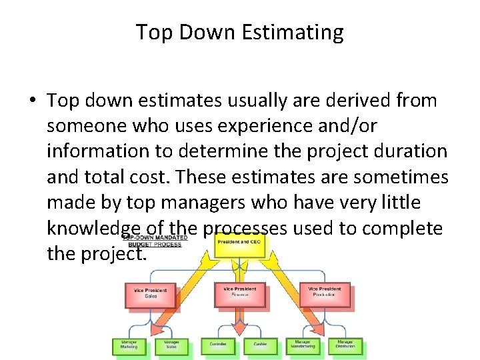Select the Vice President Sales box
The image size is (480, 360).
[x=150, y=294]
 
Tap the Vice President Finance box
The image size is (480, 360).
[x=239, y=294]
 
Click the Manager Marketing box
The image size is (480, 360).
[x=129, y=345]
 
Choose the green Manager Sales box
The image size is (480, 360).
[x=171, y=345]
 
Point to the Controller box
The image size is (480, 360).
[x=218, y=345]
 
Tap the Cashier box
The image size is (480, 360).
[x=260, y=345]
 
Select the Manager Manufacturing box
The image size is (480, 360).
[x=303, y=345]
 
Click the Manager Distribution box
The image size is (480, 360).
[x=345, y=345]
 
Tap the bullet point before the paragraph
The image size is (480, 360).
[x=33, y=101]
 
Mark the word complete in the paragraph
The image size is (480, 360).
[x=402, y=228]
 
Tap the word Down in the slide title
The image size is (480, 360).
[x=198, y=32]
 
